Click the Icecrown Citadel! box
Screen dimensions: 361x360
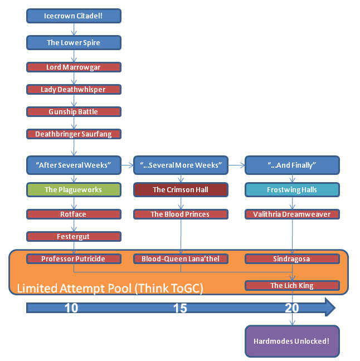(x=74, y=16)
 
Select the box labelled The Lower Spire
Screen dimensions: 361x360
(x=74, y=42)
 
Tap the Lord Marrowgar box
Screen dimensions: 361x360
(x=74, y=67)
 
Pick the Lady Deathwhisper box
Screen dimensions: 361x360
(x=74, y=89)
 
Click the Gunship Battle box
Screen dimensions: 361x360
(x=74, y=111)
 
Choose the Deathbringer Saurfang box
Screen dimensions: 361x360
(x=74, y=134)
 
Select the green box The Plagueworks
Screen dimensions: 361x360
(x=74, y=189)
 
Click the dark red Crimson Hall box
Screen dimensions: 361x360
(x=181, y=189)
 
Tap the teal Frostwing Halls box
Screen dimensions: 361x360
(x=292, y=189)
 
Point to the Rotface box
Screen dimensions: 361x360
(x=74, y=214)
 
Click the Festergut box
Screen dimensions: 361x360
(x=74, y=236)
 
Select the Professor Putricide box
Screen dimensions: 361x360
(x=74, y=258)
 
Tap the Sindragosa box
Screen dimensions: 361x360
(x=292, y=258)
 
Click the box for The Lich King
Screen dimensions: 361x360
(x=292, y=285)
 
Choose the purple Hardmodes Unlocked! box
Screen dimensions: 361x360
(x=292, y=340)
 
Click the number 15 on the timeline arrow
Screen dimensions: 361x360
(x=179, y=308)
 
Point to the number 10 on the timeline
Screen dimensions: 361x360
(x=71, y=308)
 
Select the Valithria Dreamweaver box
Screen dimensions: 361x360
(x=292, y=214)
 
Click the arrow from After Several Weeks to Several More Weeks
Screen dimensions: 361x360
(x=127, y=164)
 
